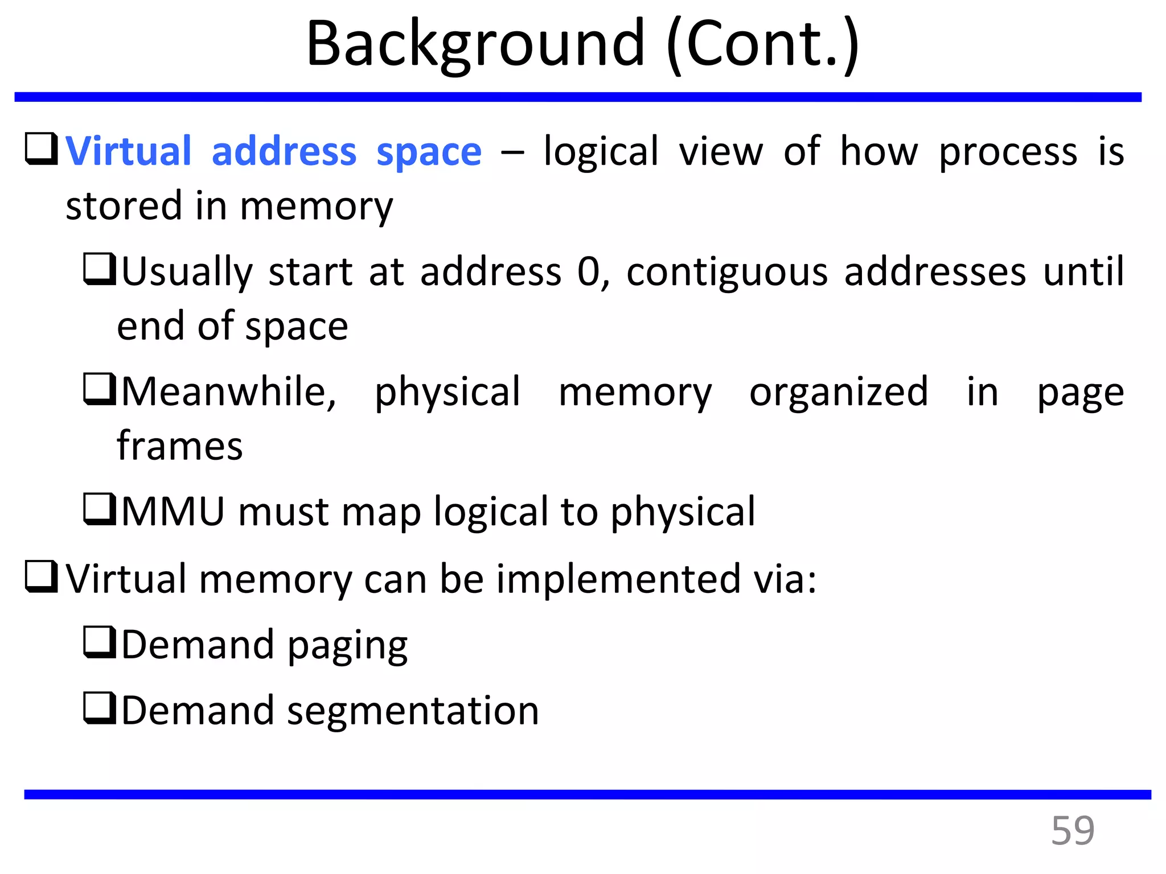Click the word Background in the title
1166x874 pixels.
point(475,44)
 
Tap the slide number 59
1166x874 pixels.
point(1073,831)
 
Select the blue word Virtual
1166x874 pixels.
point(129,151)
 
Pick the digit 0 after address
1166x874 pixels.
point(589,272)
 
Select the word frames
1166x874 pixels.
point(180,446)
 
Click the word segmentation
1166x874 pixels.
point(413,711)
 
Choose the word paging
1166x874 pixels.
point(347,646)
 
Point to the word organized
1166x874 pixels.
point(839,393)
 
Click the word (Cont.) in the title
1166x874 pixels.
point(763,44)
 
